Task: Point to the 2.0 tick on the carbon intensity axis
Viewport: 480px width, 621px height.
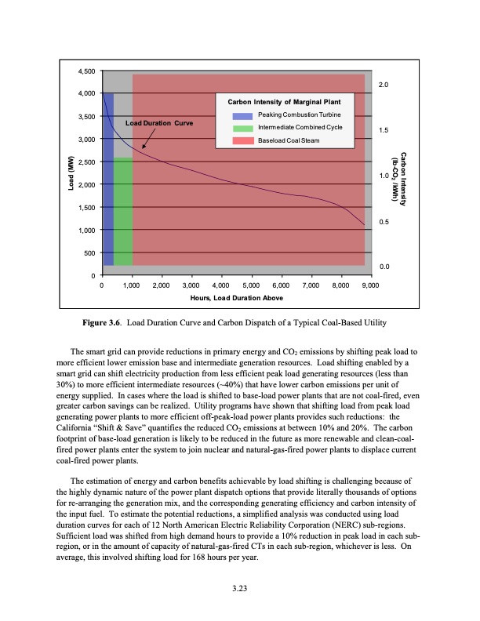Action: pyautogui.click(x=385, y=84)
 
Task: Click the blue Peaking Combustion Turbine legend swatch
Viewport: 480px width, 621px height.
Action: pyautogui.click(x=242, y=114)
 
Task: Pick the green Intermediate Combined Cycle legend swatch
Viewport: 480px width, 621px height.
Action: pyautogui.click(x=242, y=127)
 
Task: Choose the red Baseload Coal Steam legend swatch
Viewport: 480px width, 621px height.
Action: pyautogui.click(x=242, y=140)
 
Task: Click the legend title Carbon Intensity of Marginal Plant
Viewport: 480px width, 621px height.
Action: pyautogui.click(x=284, y=102)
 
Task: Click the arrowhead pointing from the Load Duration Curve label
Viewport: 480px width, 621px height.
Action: pyautogui.click(x=144, y=147)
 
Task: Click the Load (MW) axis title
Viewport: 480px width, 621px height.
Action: pyautogui.click(x=69, y=174)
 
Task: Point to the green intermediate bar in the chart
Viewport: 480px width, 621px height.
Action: pyautogui.click(x=123, y=212)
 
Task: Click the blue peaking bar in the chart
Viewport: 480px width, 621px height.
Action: pyautogui.click(x=108, y=180)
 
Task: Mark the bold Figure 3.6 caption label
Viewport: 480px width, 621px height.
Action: pyautogui.click(x=103, y=323)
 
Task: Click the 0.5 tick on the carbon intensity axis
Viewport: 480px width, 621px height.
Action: pyautogui.click(x=385, y=221)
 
